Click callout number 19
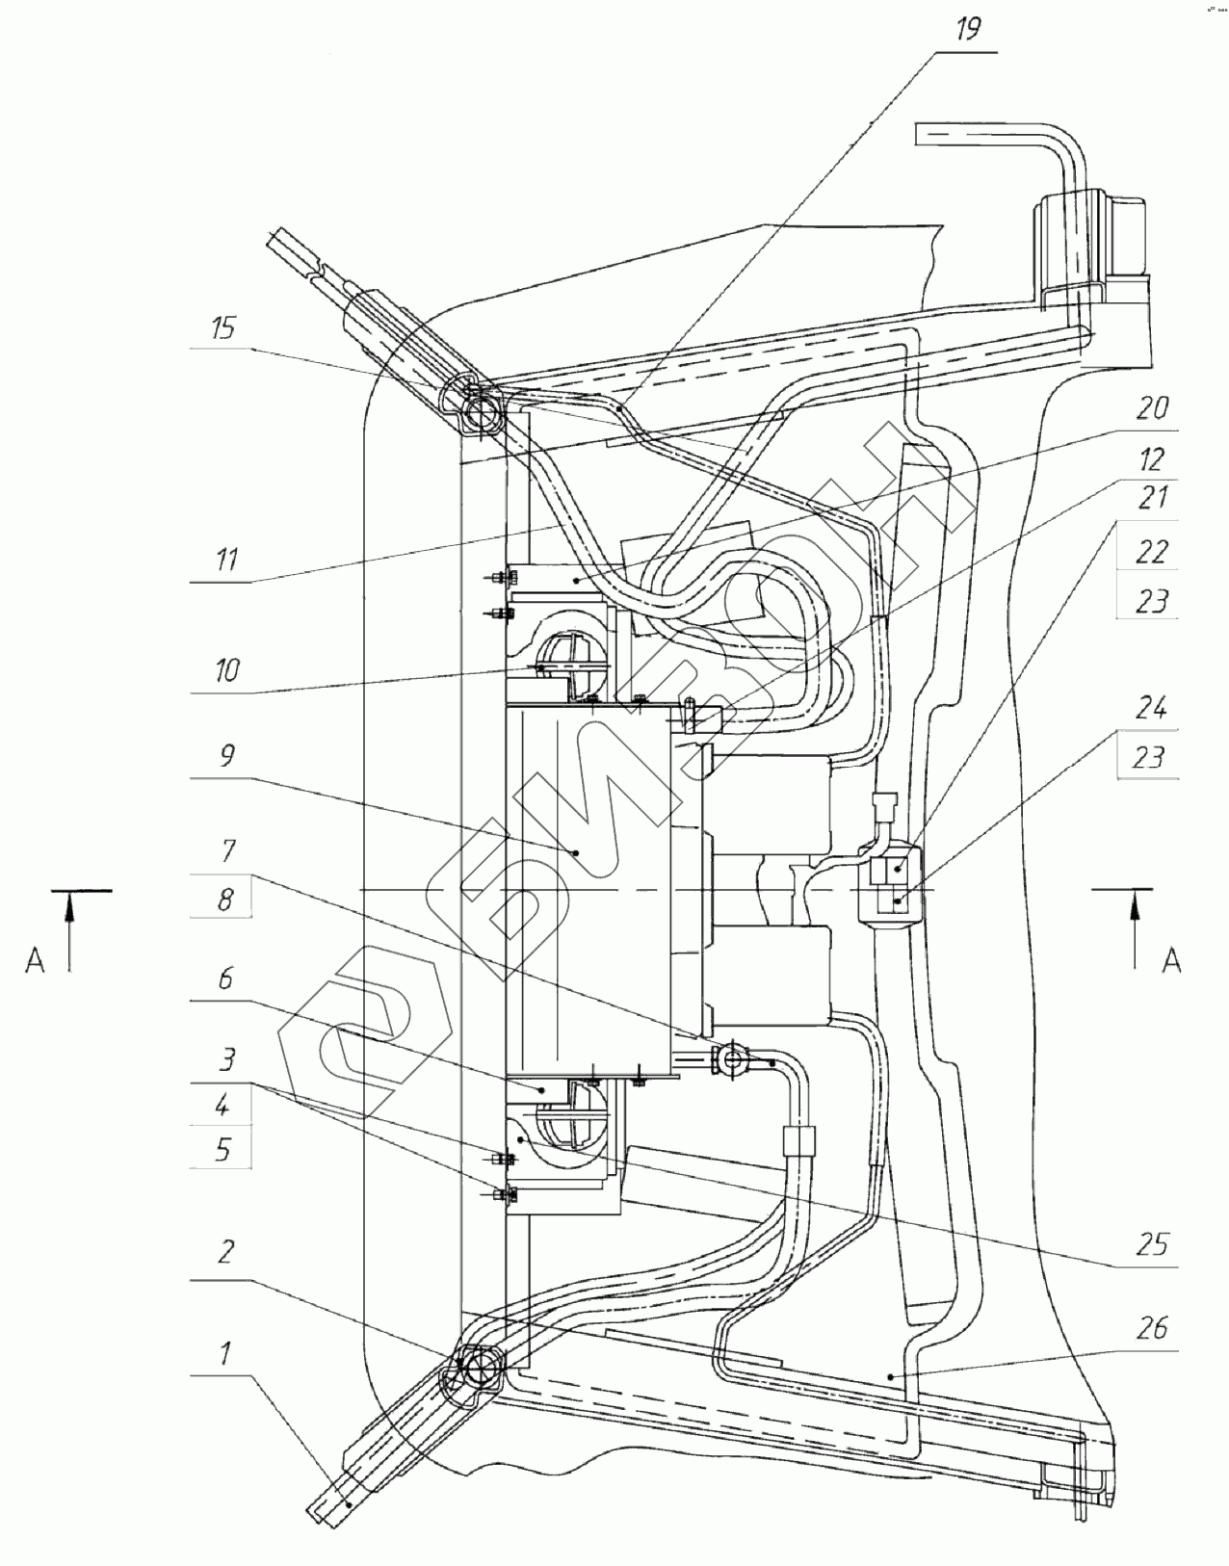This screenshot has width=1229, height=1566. [968, 30]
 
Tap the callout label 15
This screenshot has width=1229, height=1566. [223, 327]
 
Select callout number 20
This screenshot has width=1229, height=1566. [1151, 408]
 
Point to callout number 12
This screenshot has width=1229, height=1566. [1151, 458]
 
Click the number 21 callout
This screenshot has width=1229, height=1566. [1151, 498]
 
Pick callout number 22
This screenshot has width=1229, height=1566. [1151, 552]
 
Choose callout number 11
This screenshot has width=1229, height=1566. [226, 560]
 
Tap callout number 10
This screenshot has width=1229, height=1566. [226, 671]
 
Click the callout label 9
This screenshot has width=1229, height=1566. [227, 756]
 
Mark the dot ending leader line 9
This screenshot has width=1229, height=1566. [576, 851]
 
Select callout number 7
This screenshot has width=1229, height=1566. [227, 851]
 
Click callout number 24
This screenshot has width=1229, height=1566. [1151, 709]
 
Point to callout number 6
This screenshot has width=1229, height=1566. [225, 979]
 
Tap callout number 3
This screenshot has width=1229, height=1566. [226, 1060]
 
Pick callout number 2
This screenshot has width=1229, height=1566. [225, 1253]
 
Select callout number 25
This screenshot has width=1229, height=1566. [1151, 1245]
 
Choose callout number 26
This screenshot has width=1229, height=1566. [1151, 1328]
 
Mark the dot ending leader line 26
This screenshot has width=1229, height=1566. [892, 1376]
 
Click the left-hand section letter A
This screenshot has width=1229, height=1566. [35, 960]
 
